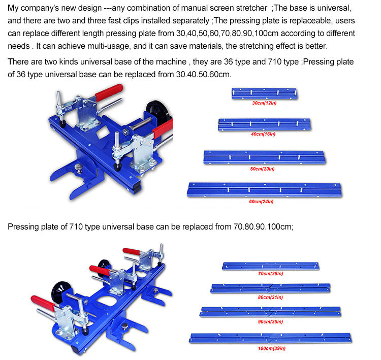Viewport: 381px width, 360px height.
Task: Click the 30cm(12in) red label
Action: click(264, 103)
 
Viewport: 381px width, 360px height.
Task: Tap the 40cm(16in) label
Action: click(263, 134)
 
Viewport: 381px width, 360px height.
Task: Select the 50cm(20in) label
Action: click(263, 169)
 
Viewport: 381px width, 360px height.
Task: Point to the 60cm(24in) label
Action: click(261, 202)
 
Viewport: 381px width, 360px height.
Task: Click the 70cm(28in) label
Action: click(270, 274)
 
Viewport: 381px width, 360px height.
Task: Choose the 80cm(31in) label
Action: click(270, 297)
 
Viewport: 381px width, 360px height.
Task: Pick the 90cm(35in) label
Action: click(270, 321)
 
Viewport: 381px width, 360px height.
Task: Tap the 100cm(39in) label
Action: click(272, 348)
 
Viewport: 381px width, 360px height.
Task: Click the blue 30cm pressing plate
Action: click(264, 93)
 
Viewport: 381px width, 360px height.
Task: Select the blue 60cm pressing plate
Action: click(264, 190)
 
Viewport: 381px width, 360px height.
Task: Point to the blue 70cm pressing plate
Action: click(271, 266)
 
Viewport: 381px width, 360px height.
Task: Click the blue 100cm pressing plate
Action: click(270, 338)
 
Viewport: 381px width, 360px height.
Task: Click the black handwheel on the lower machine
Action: click(61, 291)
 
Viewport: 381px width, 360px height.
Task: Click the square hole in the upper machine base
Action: click(103, 133)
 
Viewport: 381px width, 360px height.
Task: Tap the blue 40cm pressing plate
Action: click(265, 124)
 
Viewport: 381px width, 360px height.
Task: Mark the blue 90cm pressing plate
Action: click(270, 312)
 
